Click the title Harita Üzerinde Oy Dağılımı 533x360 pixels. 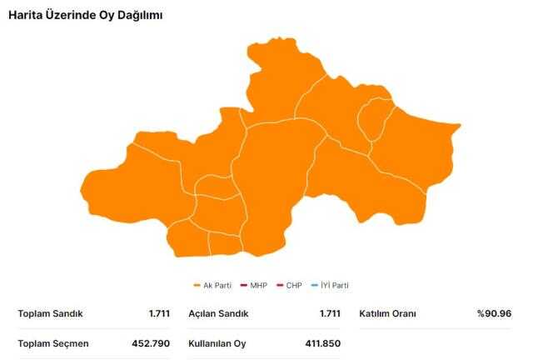tap(86, 16)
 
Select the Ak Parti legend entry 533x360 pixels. tap(217, 285)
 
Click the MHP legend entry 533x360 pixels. tap(253, 285)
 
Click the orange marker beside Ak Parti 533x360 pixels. tap(197, 285)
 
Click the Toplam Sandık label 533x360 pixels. tap(50, 313)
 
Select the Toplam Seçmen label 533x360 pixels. tap(53, 342)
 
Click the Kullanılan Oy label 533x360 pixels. tap(217, 342)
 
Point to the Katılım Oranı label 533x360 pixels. tap(387, 313)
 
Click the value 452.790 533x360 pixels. tap(151, 342)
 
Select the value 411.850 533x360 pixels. tap(321, 342)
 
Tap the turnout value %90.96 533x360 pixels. tap(494, 313)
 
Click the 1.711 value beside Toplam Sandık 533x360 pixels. tap(159, 313)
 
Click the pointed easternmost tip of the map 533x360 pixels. tap(459, 127)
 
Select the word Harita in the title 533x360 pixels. tap(26, 16)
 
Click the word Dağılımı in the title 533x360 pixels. tap(137, 16)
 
